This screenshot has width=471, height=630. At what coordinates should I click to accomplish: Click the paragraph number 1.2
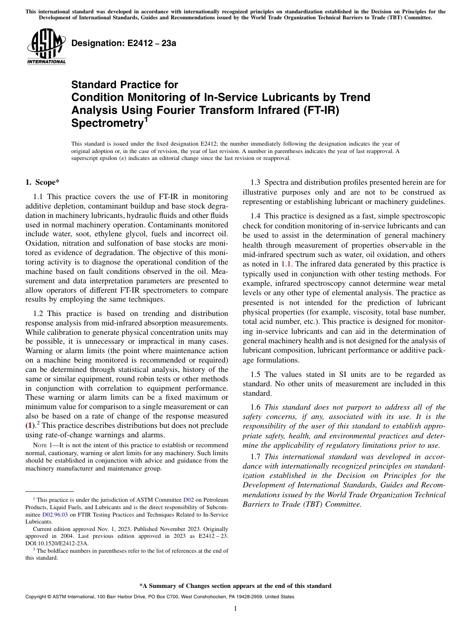39,313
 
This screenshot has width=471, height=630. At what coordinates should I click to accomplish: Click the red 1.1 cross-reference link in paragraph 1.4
286,264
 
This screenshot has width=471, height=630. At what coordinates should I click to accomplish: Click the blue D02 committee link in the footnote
189,500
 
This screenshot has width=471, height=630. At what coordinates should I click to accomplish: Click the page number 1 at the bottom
235,608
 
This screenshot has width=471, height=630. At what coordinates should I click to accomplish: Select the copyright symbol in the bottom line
50,597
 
